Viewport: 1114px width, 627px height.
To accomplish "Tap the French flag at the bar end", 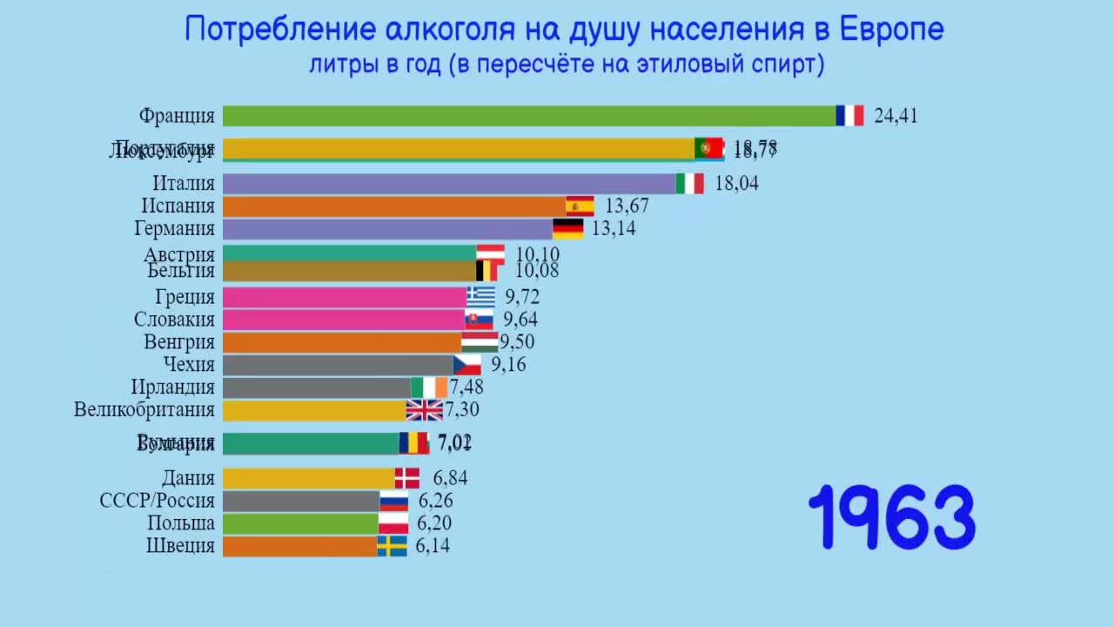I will pos(849,116).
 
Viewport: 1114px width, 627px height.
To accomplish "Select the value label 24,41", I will pos(896,116).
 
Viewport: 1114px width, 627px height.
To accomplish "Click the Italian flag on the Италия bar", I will pos(690,184).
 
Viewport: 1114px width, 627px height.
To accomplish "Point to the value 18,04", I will pos(736,184).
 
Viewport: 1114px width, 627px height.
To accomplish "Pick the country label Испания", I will pos(178,206).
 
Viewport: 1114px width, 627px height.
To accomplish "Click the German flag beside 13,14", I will pos(568,229).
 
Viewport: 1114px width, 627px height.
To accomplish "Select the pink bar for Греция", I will pos(345,297).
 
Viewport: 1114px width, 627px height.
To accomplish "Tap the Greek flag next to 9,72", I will pos(480,297).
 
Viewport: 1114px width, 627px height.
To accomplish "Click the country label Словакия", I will pos(174,320).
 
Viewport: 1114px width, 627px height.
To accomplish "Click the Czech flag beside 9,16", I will pos(467,365).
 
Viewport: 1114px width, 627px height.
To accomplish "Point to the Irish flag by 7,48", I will pos(429,388).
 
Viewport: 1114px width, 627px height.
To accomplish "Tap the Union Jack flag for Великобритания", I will pos(425,410).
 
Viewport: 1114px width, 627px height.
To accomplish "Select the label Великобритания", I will pos(144,410).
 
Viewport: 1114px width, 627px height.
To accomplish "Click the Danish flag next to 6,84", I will pos(407,478).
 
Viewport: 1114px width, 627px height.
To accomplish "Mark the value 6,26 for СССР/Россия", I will pos(435,501).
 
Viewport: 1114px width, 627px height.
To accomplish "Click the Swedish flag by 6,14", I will pos(392,546).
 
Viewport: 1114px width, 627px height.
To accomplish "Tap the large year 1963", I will pos(893,517).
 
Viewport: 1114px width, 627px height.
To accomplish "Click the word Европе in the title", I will pos(892,30).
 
